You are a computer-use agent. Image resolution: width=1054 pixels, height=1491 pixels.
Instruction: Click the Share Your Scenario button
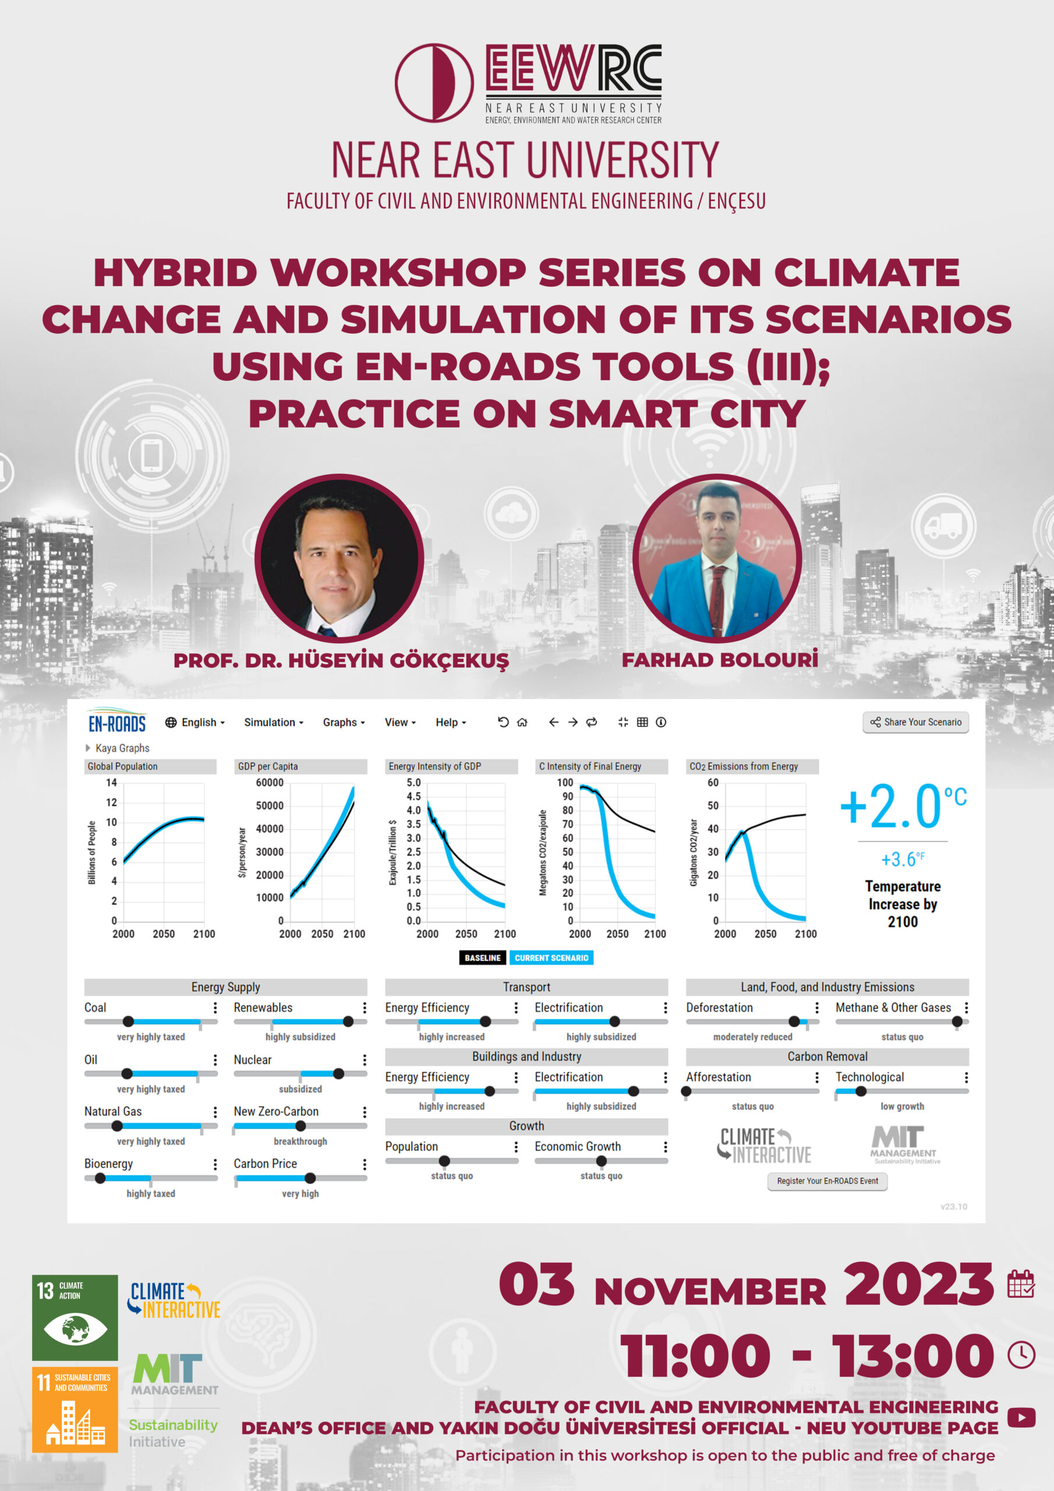pos(915,722)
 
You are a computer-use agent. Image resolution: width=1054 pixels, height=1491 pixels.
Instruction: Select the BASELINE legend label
pos(483,958)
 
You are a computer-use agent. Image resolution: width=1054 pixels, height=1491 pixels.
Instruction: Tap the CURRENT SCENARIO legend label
pos(551,958)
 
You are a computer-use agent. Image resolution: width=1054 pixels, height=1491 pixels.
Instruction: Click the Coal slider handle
pos(129,1022)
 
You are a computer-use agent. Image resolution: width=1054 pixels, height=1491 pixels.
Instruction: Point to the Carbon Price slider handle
pos(310,1178)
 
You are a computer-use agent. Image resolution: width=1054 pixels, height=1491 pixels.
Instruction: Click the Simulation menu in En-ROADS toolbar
pos(274,722)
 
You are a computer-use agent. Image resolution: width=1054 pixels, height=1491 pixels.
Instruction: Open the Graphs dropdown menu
pos(344,722)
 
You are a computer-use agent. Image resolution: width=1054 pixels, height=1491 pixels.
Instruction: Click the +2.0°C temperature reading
pos(903,806)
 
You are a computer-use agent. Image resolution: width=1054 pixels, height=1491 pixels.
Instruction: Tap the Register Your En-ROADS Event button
pos(827,1181)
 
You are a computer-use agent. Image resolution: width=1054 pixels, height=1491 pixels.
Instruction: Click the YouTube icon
pos(1022,1418)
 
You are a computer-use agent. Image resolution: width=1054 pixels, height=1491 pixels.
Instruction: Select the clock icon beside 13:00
pos(1021,1355)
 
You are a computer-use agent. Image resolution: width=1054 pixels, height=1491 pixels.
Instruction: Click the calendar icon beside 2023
pos(1021,1284)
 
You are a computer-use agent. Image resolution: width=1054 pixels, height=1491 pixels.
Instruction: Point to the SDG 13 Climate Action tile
pos(75,1317)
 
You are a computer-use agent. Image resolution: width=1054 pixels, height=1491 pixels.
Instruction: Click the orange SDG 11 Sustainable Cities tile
pos(75,1410)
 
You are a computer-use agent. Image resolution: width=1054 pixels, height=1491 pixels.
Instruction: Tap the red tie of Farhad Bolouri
pos(717,600)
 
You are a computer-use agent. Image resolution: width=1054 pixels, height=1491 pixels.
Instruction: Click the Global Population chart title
pos(123,766)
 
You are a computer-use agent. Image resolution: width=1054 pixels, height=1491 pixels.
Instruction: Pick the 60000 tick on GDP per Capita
pos(270,783)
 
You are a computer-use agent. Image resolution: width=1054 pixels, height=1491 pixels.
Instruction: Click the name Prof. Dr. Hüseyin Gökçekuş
pos(341,660)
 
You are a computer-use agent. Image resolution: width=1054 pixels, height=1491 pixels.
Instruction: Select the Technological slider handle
pos(861,1091)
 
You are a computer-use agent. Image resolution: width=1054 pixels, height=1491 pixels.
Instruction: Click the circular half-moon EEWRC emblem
pos(434,83)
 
